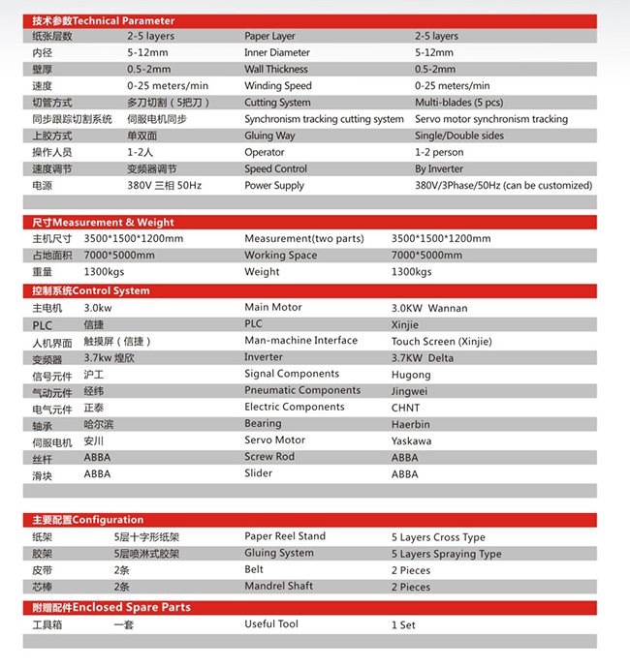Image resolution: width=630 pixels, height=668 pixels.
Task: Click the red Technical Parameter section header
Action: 104,20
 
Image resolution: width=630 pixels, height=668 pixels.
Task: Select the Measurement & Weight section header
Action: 103,223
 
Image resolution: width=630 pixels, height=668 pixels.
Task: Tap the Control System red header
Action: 91,290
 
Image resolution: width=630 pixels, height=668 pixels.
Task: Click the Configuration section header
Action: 87,520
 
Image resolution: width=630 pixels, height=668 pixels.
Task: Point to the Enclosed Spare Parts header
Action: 111,608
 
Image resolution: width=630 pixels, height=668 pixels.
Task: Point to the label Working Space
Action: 280,256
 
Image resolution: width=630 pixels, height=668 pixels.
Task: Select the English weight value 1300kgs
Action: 411,272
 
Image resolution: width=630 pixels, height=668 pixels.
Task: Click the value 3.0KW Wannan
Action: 429,308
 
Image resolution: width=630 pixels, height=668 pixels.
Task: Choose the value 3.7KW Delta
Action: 423,358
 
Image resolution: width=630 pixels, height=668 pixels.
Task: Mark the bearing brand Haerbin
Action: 412,424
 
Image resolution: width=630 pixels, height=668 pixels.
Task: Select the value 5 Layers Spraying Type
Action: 447,554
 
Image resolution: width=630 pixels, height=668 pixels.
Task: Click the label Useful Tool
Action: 271,624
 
